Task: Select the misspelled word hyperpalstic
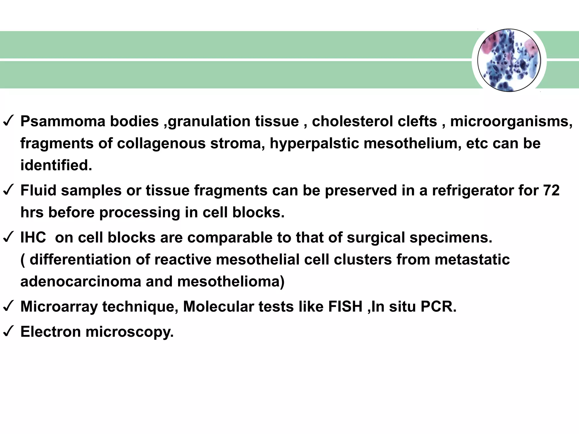[x=314, y=144]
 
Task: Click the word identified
[x=56, y=165]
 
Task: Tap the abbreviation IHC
[x=33, y=238]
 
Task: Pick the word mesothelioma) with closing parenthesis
[x=231, y=282]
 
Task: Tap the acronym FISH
[x=345, y=307]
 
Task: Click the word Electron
[x=51, y=332]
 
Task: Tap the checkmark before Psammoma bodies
[x=8, y=121]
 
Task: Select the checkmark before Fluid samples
[x=8, y=190]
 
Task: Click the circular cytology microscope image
[x=509, y=60]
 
